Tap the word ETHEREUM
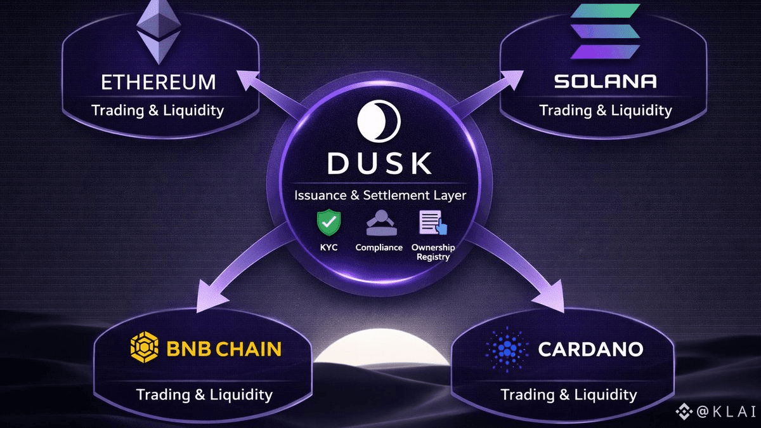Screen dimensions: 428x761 click(159, 82)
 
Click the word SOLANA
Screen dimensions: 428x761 click(605, 81)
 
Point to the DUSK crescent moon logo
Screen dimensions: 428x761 click(379, 121)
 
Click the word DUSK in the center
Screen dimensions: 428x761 click(379, 163)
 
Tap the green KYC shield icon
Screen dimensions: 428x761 click(328, 223)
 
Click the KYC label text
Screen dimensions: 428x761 click(328, 247)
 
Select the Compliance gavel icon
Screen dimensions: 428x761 click(379, 224)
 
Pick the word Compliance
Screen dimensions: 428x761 click(379, 247)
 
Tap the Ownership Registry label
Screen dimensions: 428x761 click(433, 251)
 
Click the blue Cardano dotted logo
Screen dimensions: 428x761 click(506, 349)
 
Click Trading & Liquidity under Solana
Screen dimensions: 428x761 click(605, 110)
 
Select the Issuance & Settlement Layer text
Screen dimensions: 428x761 click(380, 195)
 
